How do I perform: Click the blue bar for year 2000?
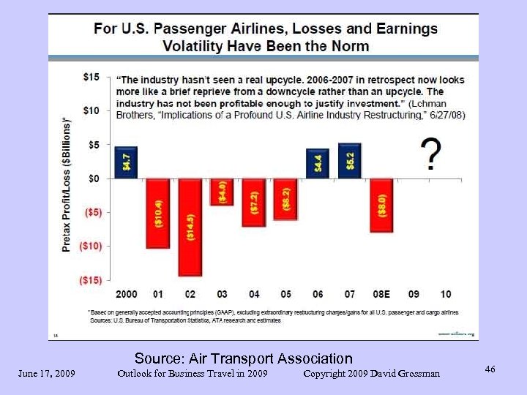coord(125,162)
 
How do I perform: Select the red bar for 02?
coord(190,227)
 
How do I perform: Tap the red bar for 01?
coord(157,213)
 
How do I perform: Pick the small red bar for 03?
coord(222,192)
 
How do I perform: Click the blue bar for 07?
coord(349,161)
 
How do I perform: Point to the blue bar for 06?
coord(317,163)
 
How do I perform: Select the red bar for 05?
coord(285,199)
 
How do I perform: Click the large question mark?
coord(432,154)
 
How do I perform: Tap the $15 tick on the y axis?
coord(91,77)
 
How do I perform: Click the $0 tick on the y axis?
coord(94,178)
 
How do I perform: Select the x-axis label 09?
coord(414,294)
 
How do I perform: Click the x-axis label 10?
coord(446,294)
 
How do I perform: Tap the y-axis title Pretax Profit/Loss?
coord(67,184)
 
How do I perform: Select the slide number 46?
coord(490,369)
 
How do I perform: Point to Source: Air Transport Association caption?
coord(243,358)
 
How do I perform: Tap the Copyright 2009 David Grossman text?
coord(371,374)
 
